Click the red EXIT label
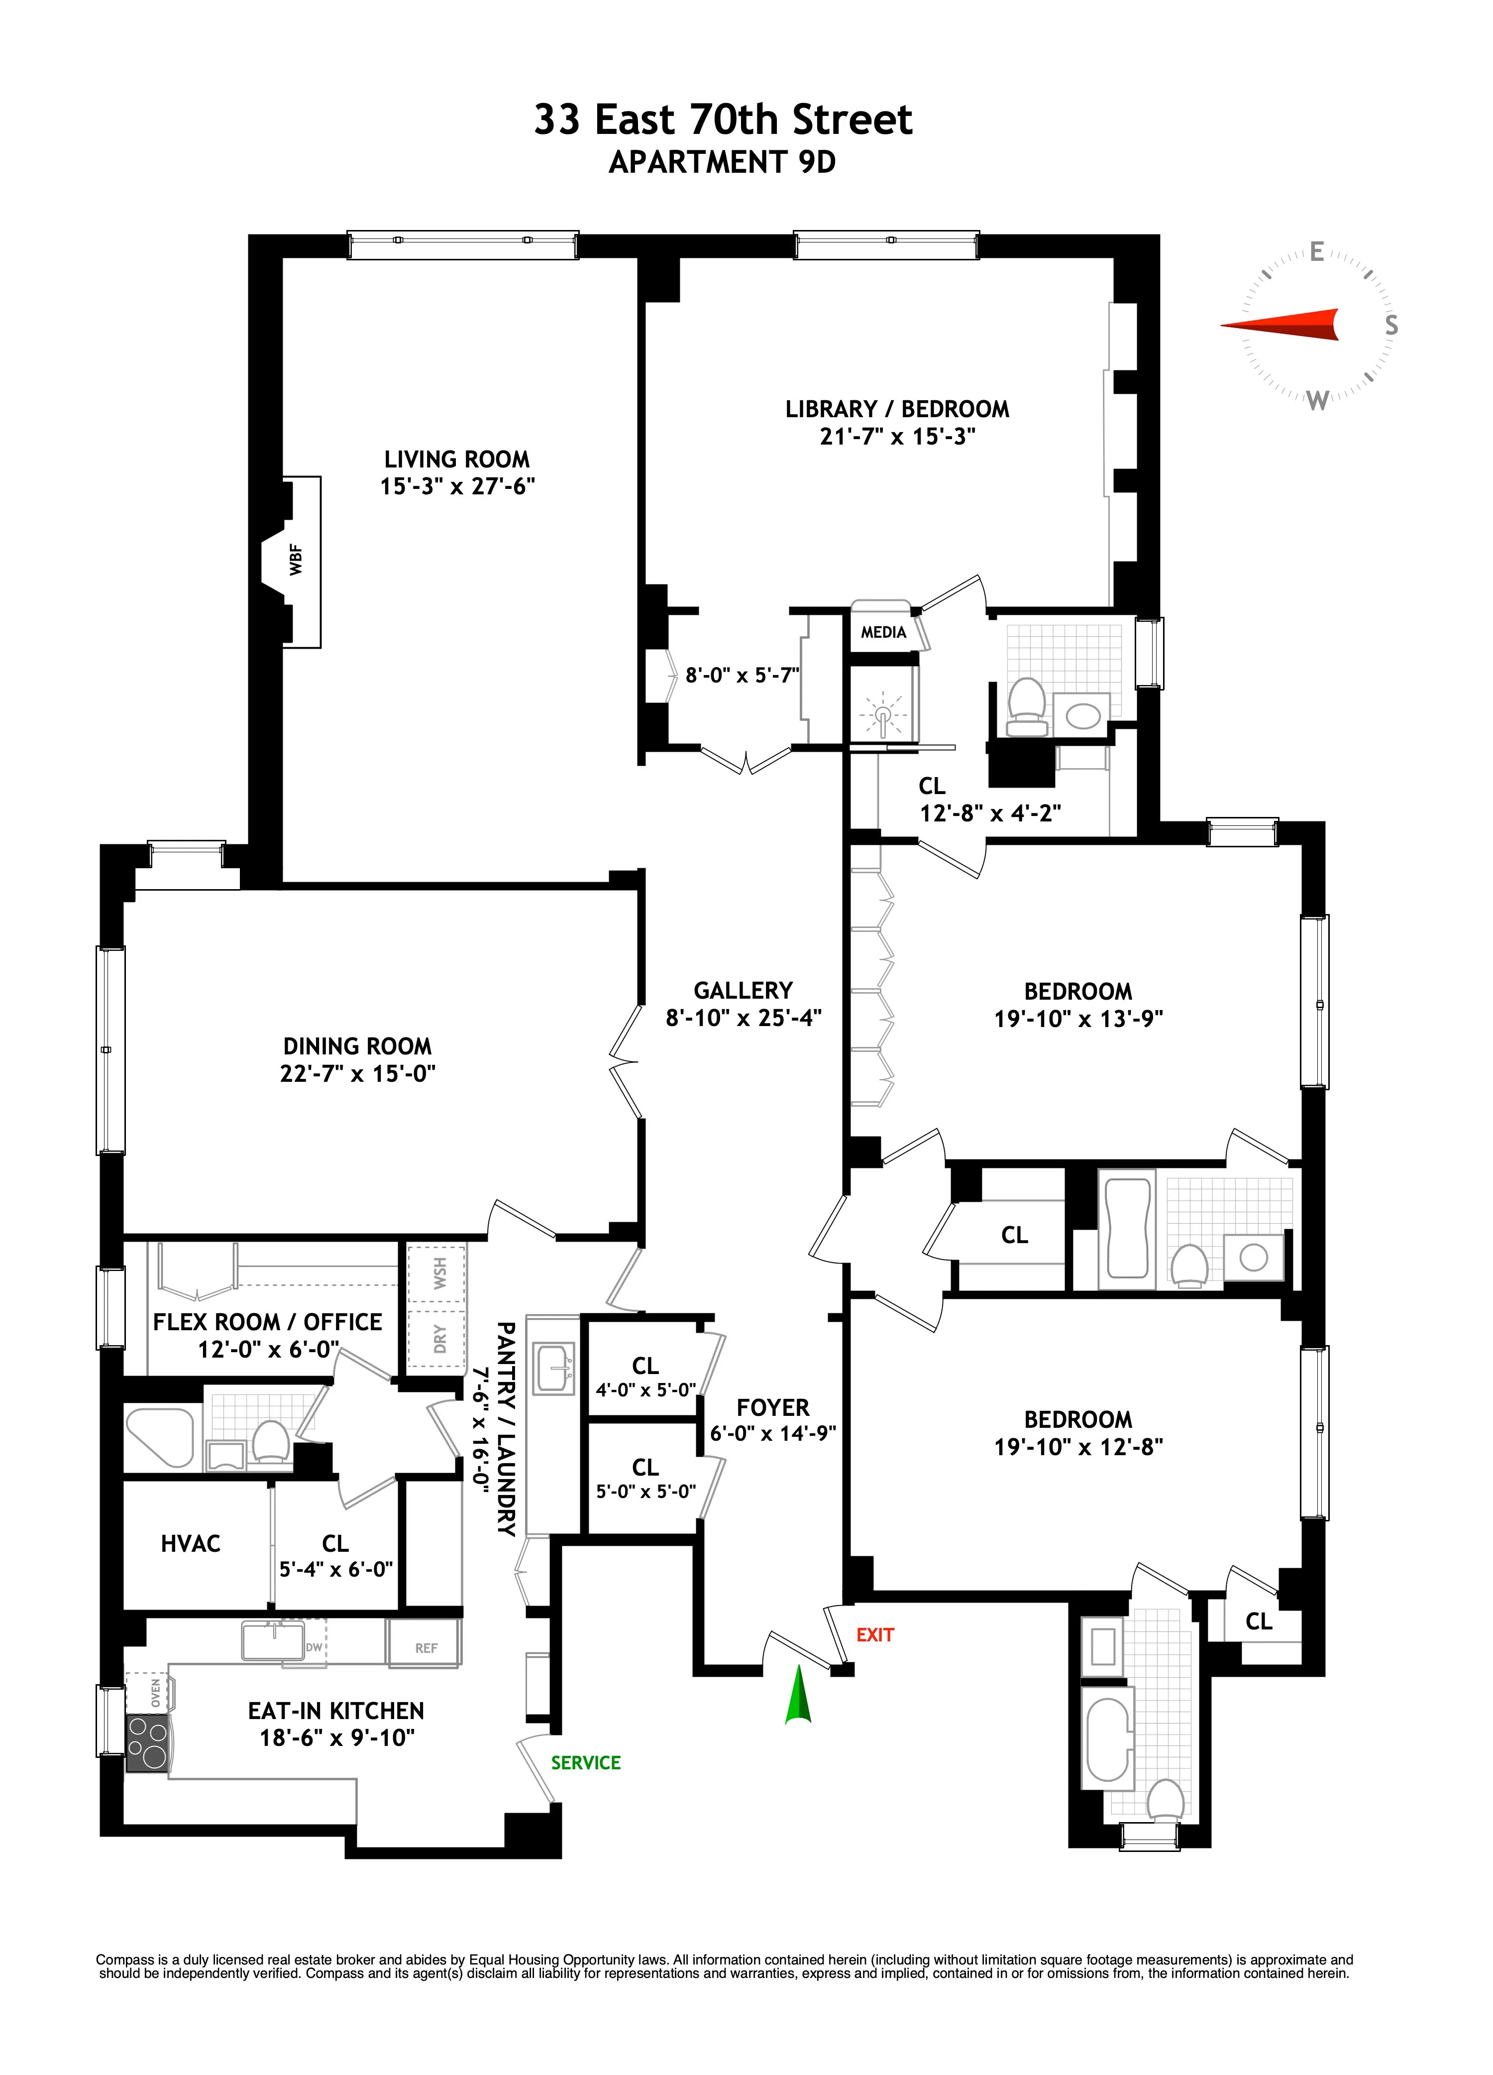tap(874, 1635)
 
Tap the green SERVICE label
tap(585, 1763)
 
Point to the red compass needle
tap(1281, 325)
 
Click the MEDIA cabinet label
tap(883, 632)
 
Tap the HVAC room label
tap(190, 1544)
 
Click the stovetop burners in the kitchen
tap(146, 1745)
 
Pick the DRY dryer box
tap(439, 1339)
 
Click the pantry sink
tap(553, 1368)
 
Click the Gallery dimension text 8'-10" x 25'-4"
tap(743, 1018)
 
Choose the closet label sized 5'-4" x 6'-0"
tap(336, 1569)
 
